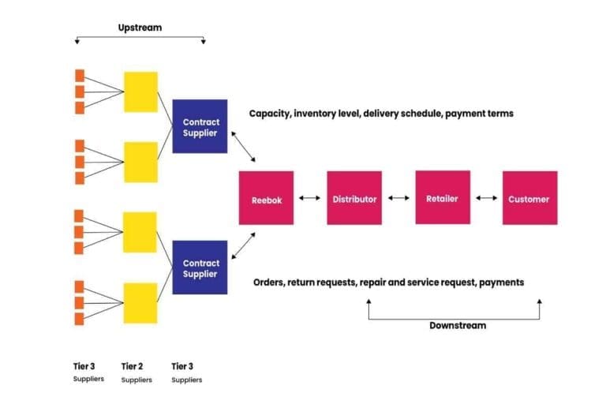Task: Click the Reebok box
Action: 267,199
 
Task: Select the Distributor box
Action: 354,199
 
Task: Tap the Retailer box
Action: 443,198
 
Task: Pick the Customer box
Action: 529,199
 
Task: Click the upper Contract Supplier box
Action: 200,126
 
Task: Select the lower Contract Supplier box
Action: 200,267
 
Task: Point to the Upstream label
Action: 140,28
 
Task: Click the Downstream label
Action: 458,325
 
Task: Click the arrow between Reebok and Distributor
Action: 310,199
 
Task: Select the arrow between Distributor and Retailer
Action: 398,199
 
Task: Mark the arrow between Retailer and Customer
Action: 486,199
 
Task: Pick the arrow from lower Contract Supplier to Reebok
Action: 243,245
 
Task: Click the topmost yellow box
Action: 140,92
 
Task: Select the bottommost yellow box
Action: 140,303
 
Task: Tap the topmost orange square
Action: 80,76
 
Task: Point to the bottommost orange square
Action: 80,319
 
